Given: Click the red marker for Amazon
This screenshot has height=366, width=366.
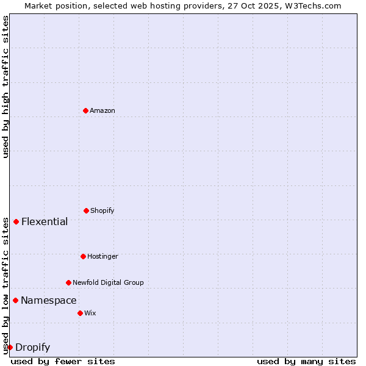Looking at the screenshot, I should (x=85, y=110).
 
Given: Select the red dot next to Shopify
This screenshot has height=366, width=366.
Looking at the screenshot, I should (x=86, y=210).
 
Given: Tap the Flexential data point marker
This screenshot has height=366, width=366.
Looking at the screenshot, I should (x=16, y=221).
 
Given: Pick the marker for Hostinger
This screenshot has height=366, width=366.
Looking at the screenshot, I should (x=83, y=256).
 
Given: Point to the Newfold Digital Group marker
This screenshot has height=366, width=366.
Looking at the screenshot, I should (x=68, y=282).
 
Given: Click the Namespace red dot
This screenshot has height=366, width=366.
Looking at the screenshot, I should (x=15, y=300).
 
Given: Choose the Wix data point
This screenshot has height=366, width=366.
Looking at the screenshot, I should (x=80, y=313).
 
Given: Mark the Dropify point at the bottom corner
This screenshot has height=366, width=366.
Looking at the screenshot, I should (x=10, y=347).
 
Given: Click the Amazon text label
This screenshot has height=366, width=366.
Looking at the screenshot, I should (x=102, y=110).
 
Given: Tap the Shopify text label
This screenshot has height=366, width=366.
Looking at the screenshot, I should (x=102, y=210).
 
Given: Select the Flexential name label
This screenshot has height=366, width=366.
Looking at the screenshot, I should (x=45, y=221).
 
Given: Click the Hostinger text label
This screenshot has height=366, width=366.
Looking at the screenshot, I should (x=102, y=256).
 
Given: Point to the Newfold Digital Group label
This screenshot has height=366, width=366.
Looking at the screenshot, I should (x=108, y=282).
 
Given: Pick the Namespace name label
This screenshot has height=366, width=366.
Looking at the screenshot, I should (x=49, y=300).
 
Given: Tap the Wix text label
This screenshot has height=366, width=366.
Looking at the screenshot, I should (x=90, y=313).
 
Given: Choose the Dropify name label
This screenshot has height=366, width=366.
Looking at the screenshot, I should (x=32, y=348).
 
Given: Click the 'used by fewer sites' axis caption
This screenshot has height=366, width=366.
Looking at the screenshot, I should (x=63, y=361).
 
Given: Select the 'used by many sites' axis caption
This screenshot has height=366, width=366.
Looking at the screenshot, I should (x=306, y=361).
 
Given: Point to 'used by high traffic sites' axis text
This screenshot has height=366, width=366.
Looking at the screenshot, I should (x=5, y=87).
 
